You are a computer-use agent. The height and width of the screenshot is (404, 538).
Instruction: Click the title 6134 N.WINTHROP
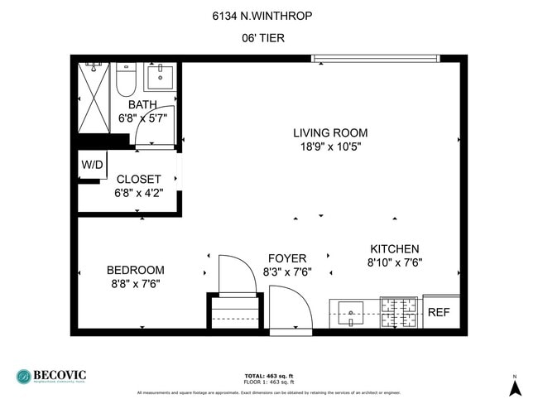268,14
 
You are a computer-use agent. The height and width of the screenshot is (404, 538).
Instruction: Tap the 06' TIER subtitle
268,38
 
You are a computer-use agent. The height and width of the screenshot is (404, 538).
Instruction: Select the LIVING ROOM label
330,132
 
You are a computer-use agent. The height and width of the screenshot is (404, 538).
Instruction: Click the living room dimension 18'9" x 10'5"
330,147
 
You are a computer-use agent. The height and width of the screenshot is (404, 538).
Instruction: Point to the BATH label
142,104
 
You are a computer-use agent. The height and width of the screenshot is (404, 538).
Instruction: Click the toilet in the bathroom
126,79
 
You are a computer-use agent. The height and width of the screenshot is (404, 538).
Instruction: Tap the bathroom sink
159,77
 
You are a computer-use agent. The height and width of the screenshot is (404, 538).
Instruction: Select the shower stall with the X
94,97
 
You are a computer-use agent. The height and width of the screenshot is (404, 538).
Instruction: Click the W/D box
92,165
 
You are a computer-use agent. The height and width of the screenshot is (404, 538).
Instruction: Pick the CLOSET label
138,179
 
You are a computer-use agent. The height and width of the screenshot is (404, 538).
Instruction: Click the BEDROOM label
135,270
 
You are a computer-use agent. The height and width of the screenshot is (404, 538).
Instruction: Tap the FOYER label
287,258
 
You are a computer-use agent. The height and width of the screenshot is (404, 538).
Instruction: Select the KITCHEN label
394,248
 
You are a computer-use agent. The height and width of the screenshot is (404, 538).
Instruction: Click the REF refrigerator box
439,312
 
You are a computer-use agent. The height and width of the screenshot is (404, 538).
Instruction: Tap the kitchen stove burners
400,311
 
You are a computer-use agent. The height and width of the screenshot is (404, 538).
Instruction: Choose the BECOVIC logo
51,376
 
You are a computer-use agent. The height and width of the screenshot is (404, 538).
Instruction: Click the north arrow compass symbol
514,387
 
